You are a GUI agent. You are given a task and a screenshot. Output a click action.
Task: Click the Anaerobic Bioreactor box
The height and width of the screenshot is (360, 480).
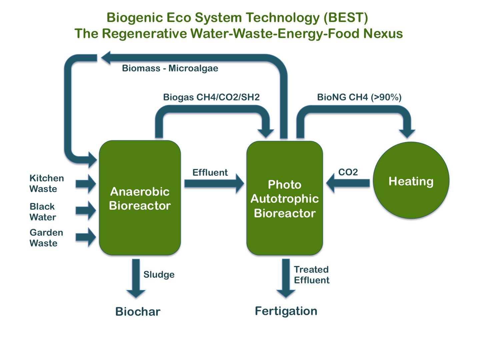[140, 198]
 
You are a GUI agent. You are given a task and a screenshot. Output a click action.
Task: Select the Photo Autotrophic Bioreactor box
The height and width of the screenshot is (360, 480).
[284, 198]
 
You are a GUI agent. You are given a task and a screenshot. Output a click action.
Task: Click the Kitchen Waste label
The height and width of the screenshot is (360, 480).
[46, 183]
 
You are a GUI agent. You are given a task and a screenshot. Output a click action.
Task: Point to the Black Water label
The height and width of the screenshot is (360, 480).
[43, 212]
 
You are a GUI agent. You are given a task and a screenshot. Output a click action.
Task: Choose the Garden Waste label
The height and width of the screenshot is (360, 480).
[46, 238]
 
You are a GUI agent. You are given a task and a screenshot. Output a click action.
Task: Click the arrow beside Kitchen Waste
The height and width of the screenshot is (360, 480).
[86, 184]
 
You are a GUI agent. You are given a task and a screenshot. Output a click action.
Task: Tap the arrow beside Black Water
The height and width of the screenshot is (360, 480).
[86, 210]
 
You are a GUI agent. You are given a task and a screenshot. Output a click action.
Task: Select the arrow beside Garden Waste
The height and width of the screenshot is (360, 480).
[86, 237]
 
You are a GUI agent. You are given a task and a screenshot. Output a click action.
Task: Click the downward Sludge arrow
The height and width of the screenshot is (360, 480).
[136, 278]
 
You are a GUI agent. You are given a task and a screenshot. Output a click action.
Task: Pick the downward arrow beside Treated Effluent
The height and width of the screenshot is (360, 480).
[286, 278]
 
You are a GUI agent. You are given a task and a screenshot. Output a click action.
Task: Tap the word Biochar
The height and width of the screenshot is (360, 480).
[138, 312]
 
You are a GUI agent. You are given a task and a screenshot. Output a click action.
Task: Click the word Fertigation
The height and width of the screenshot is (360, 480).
[286, 311]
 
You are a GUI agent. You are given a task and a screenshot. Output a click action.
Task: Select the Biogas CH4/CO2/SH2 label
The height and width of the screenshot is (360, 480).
[211, 97]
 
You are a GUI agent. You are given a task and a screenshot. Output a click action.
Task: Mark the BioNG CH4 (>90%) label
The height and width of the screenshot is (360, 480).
[359, 97]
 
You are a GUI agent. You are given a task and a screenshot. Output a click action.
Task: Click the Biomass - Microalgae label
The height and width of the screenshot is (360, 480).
[170, 68]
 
